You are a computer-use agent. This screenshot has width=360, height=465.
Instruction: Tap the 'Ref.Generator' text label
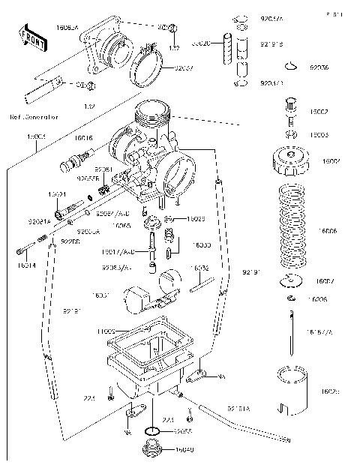34,118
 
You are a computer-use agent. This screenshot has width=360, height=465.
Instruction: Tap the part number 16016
83,138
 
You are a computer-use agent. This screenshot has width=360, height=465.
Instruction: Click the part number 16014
25,265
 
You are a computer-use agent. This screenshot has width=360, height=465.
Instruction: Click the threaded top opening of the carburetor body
154,114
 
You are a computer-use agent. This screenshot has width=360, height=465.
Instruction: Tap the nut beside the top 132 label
172,29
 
